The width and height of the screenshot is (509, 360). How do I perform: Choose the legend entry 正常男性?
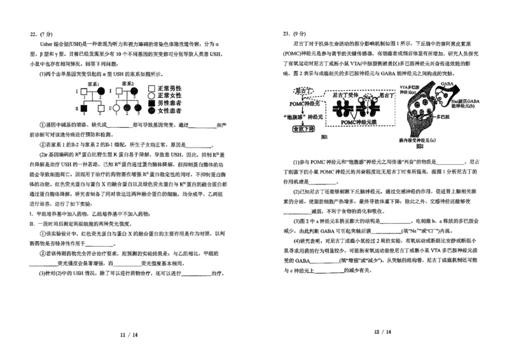(x=167, y=88)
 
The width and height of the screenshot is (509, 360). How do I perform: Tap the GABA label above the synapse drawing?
(x=445, y=83)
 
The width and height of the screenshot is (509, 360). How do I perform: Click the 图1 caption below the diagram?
(x=324, y=137)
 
